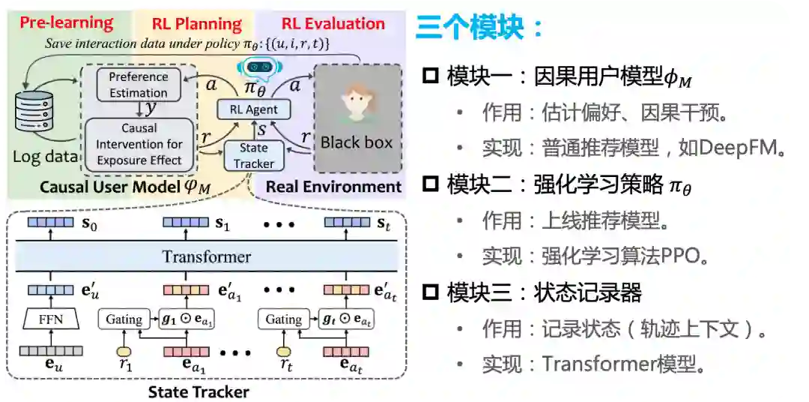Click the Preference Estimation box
(139, 85)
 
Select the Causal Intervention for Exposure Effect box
(139, 144)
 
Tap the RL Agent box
(252, 109)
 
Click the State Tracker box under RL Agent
(254, 156)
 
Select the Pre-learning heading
(67, 22)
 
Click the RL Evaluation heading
(333, 23)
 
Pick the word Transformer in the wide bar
(206, 256)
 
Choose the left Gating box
(124, 319)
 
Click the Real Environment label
(334, 187)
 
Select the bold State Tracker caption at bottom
(199, 391)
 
